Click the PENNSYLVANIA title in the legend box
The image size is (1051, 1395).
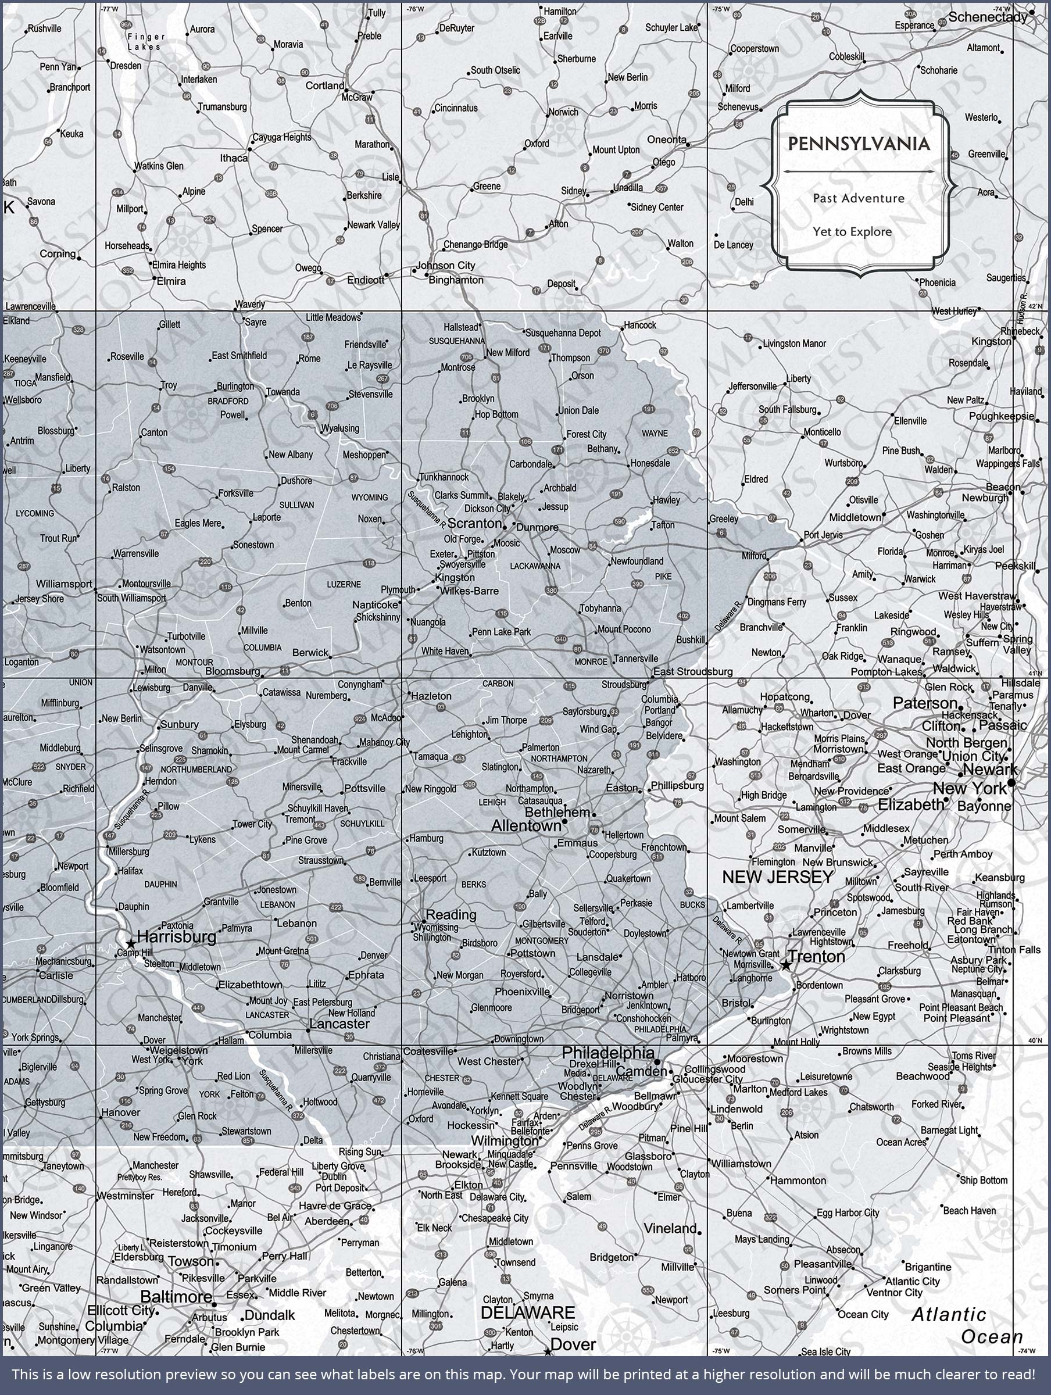(859, 144)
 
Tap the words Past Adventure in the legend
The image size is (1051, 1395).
(859, 198)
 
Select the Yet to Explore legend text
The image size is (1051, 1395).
(852, 231)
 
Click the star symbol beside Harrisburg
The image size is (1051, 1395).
(130, 944)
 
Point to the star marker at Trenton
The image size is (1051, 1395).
(786, 965)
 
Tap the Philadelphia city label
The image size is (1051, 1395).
(608, 1053)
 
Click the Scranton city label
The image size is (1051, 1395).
(474, 524)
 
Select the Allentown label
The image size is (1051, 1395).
(525, 825)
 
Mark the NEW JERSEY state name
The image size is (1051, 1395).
(778, 877)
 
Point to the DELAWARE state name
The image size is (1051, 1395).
(527, 1313)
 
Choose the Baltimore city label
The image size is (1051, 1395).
(176, 1297)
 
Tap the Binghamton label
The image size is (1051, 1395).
(456, 280)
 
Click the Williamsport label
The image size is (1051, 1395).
(64, 584)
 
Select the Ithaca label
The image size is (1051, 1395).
(234, 158)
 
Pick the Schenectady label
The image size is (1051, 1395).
(988, 17)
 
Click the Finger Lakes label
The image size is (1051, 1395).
(146, 42)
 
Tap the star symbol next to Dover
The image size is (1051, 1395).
(548, 1352)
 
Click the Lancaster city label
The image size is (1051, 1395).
(339, 1024)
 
